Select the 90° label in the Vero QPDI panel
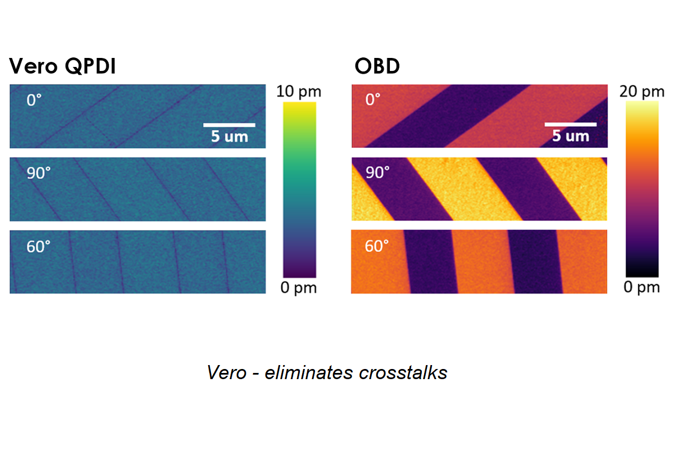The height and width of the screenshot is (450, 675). (38, 173)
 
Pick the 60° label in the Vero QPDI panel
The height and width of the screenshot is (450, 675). (38, 246)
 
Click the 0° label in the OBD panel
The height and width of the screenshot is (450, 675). (373, 100)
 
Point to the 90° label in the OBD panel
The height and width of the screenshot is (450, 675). (377, 173)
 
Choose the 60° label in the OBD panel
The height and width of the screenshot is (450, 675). (377, 246)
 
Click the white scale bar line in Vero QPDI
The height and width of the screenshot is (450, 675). (229, 124)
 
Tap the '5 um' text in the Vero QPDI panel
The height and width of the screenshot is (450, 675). (229, 137)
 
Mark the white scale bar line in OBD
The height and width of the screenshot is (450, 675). (570, 123)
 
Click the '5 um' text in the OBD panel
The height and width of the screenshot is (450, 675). (570, 136)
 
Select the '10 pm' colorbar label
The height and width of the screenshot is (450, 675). (299, 92)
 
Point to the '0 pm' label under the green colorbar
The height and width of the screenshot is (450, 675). (299, 289)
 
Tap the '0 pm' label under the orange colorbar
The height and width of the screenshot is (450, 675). (641, 287)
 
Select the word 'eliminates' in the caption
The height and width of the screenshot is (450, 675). (302, 373)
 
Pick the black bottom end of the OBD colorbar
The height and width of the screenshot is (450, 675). (642, 273)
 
